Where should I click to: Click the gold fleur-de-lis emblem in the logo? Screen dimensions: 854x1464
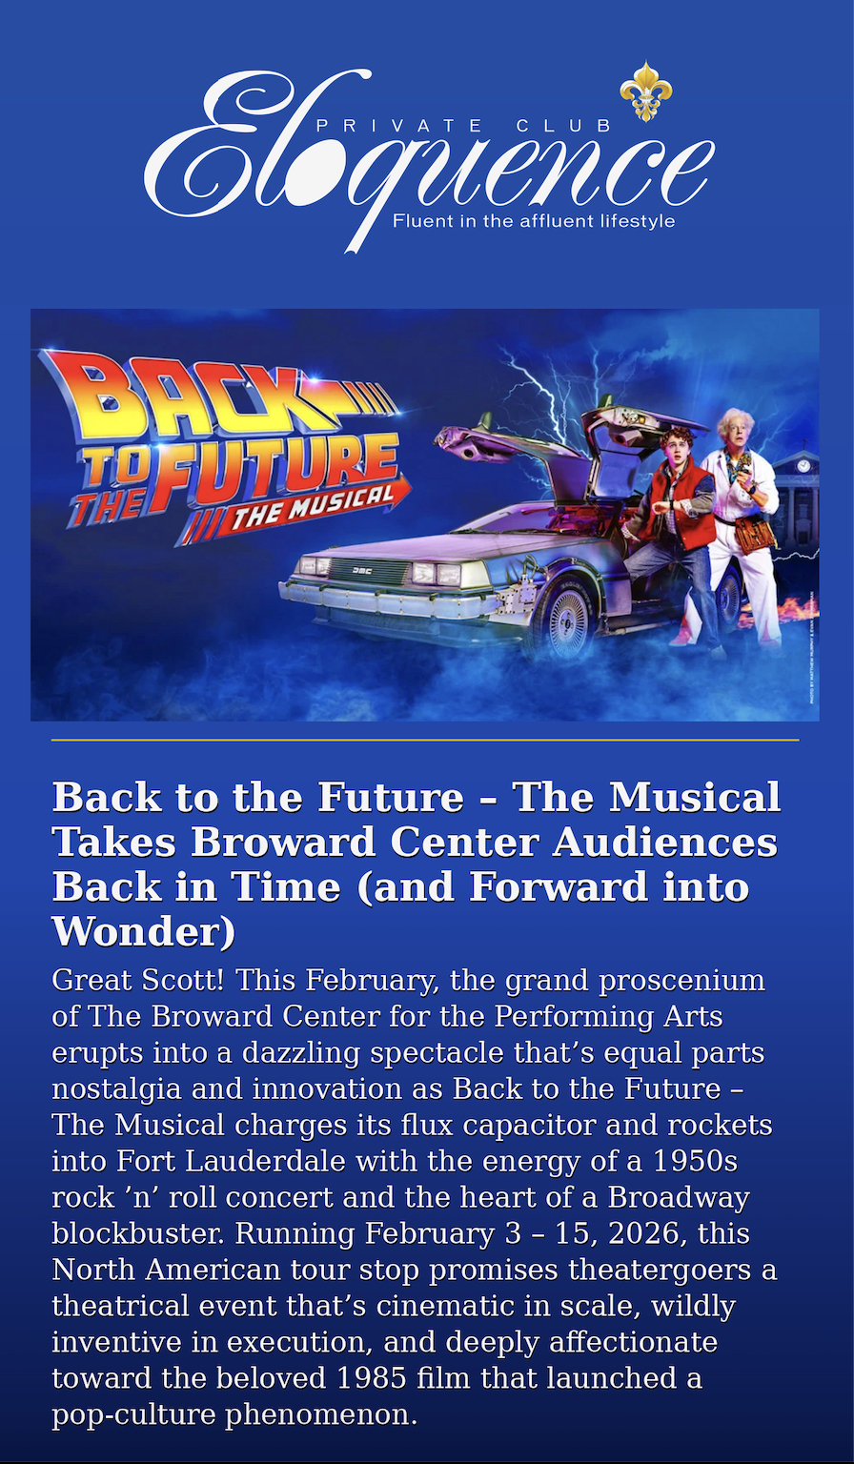pos(645,91)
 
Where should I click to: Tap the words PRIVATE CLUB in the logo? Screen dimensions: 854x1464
pos(464,126)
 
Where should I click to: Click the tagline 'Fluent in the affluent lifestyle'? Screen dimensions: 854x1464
pos(533,221)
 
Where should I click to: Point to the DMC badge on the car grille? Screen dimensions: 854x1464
pos(361,571)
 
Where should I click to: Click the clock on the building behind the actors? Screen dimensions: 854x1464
pos(803,465)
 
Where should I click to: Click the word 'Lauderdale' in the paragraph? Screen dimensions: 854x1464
pos(265,1162)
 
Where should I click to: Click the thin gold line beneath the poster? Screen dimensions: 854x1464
pos(425,740)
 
